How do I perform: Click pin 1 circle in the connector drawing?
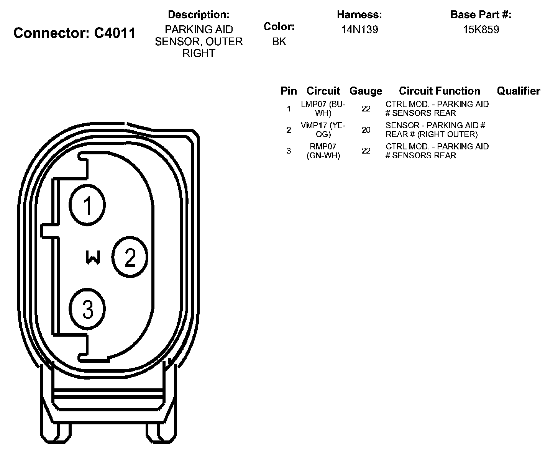tap(88, 205)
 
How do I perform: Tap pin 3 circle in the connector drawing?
tap(88, 309)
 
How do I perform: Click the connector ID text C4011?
tap(115, 33)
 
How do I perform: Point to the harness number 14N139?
tap(359, 30)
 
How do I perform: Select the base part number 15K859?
tap(481, 30)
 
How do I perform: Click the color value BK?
tap(279, 41)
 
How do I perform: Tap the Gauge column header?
tap(366, 91)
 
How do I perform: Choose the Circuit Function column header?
tap(440, 91)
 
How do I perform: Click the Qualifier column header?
tap(518, 91)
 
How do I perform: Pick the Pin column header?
tap(289, 91)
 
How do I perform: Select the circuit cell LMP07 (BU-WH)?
tap(323, 109)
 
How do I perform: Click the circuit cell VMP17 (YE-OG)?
tap(323, 130)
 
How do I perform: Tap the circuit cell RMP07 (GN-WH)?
tap(323, 151)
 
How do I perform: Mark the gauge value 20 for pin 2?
tap(366, 130)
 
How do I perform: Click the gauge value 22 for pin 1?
tap(366, 109)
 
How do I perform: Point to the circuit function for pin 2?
tap(436, 130)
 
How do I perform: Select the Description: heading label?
tap(199, 15)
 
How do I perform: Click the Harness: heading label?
tap(359, 15)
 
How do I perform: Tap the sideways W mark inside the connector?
tap(93, 257)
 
